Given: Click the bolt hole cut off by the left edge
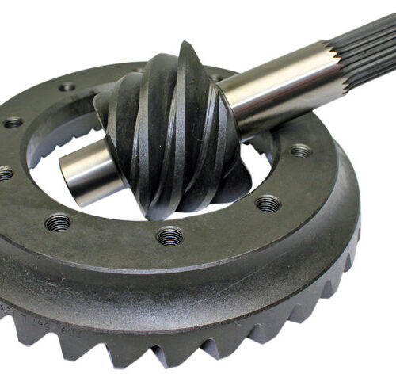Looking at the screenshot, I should (x=4, y=174).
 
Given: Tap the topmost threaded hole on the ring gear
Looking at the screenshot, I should (x=68, y=87).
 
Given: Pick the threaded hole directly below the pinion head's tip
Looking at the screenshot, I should (x=169, y=236).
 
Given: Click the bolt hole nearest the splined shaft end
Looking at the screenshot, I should (x=300, y=151).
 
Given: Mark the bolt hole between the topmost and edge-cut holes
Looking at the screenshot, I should (x=13, y=123).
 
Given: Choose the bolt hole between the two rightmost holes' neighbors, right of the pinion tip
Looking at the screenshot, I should (x=268, y=204).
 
